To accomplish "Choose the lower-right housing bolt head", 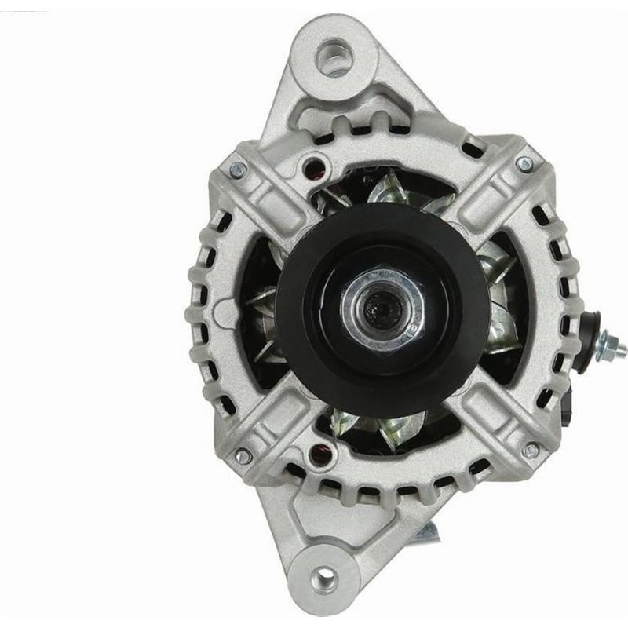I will click(531, 450).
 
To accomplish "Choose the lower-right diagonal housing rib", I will click(495, 416).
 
